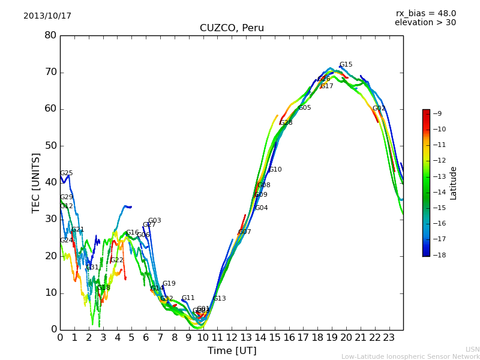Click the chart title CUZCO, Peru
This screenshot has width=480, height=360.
click(232, 28)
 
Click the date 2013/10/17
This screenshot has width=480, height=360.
click(47, 16)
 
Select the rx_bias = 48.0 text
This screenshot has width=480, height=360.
click(425, 14)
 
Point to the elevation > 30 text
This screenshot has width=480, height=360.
click(425, 23)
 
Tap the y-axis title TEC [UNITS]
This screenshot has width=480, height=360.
click(36, 182)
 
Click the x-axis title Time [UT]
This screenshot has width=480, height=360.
click(232, 351)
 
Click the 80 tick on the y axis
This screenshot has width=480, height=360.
click(50, 35)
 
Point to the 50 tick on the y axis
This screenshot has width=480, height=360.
click(50, 146)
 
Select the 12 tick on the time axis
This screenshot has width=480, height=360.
click(232, 338)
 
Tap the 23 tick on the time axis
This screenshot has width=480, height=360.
click(389, 338)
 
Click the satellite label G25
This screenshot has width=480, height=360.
click(66, 173)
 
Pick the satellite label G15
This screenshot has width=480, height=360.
click(346, 65)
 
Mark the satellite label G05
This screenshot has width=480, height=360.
click(304, 108)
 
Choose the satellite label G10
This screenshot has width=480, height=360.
click(275, 170)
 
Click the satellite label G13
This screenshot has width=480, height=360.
click(220, 299)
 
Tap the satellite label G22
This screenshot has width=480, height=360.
click(116, 260)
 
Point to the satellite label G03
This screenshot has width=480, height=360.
click(154, 221)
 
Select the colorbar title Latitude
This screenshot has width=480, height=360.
click(454, 183)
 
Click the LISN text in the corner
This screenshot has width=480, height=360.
click(472, 349)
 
